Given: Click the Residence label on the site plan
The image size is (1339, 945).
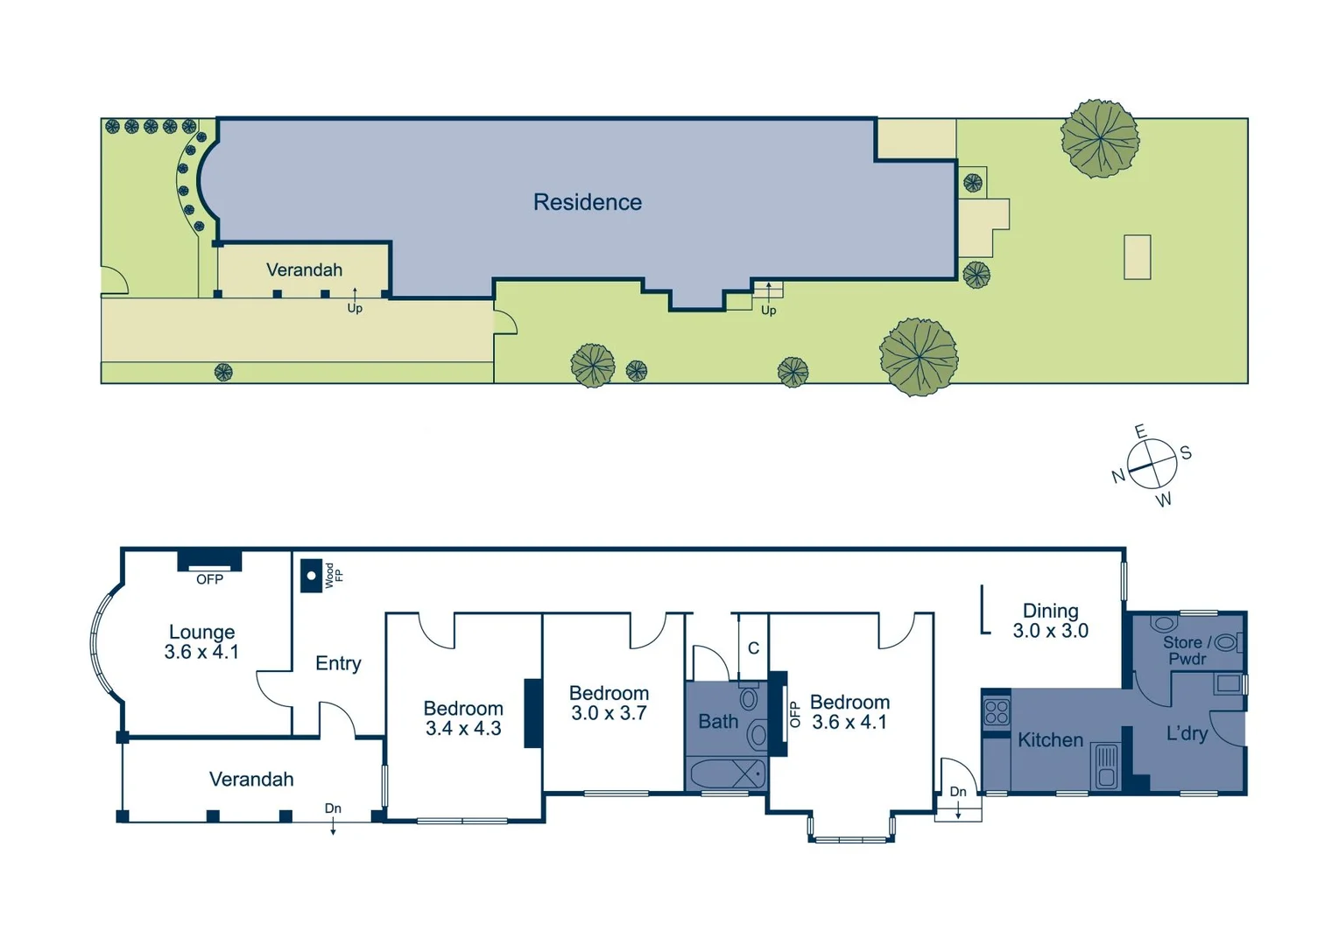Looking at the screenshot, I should [587, 202].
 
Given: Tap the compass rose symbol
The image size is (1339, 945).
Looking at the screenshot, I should [1151, 464].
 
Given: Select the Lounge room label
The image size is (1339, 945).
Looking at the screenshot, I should [201, 641].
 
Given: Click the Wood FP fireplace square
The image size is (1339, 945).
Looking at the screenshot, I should [311, 576].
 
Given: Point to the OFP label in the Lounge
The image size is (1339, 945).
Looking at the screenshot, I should [209, 579].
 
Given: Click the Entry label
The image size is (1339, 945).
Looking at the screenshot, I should [338, 663].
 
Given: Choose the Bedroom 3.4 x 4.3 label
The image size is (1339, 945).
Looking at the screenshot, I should [463, 718].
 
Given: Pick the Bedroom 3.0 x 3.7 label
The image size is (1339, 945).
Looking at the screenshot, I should [609, 703].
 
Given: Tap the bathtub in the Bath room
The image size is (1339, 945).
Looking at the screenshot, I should [727, 774].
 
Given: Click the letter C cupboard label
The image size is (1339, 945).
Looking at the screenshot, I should [753, 648].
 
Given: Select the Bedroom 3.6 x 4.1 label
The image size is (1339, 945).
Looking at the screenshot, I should [849, 712].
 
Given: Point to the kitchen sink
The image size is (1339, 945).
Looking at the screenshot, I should [1106, 766].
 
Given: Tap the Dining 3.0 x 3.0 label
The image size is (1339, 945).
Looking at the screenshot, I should [1050, 620].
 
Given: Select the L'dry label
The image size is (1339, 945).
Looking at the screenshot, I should [1187, 734].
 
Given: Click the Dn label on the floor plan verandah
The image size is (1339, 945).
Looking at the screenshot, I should [333, 808].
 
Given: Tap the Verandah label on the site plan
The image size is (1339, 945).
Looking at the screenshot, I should [304, 269].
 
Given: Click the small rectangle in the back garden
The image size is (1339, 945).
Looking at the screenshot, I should [1137, 257].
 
